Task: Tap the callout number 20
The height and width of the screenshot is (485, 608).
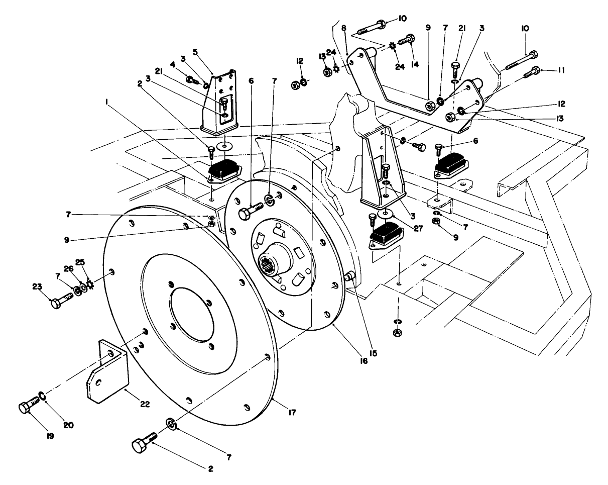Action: (68, 425)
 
